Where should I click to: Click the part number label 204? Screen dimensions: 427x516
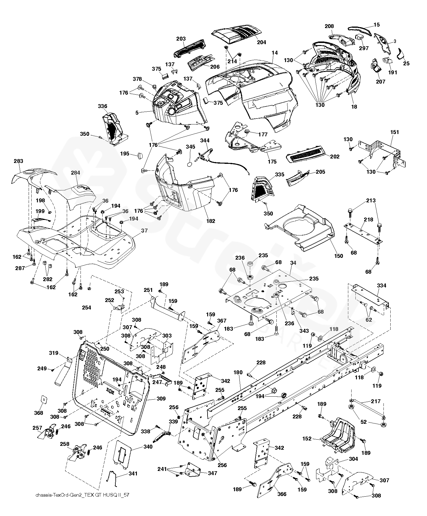coord(261,42)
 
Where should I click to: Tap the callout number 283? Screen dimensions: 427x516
coord(18,161)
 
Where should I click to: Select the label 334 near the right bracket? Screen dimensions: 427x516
coord(381,285)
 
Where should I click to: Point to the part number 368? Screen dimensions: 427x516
coord(39,413)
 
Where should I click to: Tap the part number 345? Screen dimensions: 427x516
coord(191,147)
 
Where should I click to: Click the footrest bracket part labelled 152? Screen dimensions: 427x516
coord(339,434)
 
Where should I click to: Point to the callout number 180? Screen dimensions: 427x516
coord(238,372)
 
